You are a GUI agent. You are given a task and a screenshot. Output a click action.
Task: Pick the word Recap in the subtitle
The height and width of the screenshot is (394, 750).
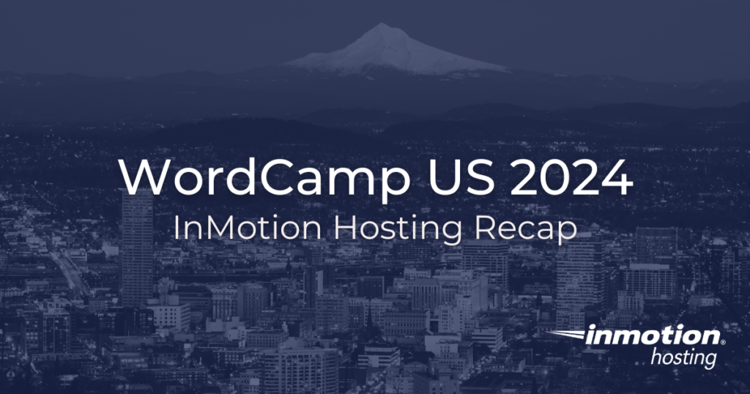point(526,229)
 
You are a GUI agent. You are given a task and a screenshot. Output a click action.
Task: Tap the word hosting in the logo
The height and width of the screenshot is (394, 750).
point(684,358)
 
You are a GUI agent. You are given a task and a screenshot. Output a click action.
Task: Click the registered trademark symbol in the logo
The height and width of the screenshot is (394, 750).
point(724,342)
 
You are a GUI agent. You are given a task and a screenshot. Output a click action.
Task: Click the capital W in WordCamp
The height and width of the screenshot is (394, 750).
point(140,176)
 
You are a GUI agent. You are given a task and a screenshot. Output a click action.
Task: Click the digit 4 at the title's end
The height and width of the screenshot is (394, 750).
point(615,176)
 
